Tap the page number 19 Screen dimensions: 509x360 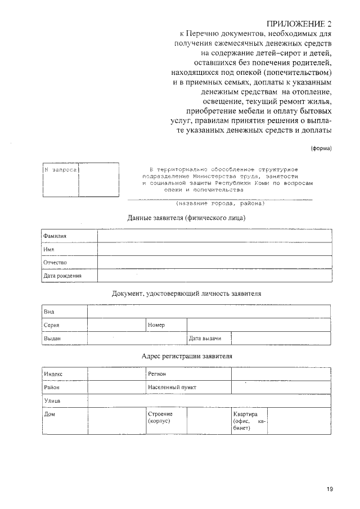329,489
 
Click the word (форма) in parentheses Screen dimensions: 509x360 321,148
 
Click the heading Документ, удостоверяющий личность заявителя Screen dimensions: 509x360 186,294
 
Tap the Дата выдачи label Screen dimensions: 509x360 205,338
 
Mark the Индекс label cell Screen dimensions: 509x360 53,374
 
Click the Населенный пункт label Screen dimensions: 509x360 172,388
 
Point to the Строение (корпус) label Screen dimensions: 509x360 160,417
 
